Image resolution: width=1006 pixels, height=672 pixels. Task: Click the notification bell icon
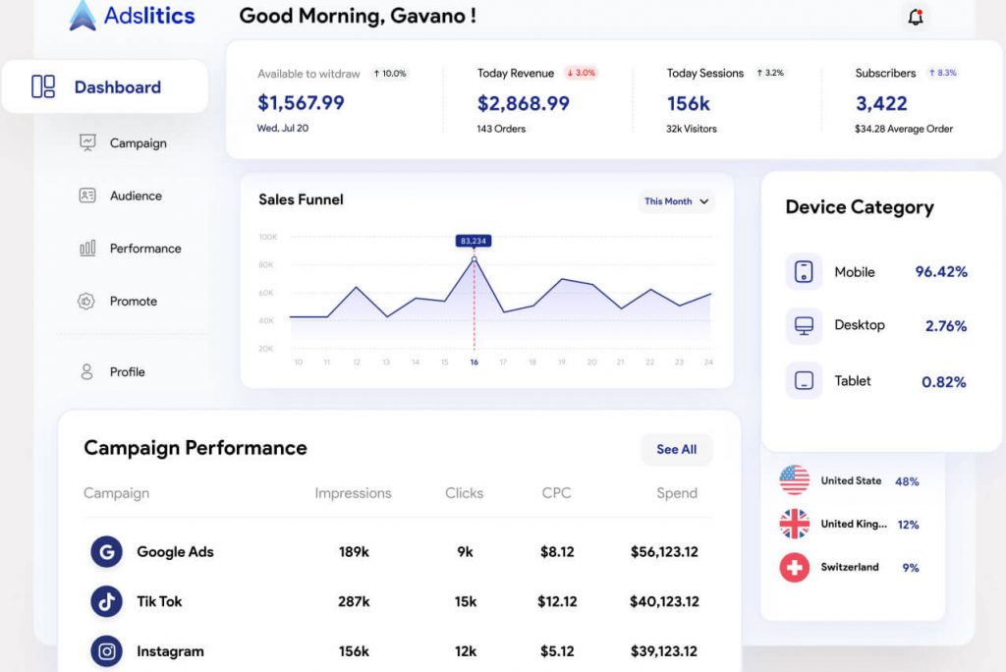point(916,17)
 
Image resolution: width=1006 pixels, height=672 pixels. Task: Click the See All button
point(676,449)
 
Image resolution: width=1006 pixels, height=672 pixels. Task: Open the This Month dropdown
point(676,201)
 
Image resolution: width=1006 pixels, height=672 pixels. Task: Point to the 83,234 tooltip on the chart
point(474,241)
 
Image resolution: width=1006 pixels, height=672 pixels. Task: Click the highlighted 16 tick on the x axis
point(474,363)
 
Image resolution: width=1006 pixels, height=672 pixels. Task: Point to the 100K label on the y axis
point(267,237)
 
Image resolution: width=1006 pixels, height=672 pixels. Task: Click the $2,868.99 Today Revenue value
point(523,103)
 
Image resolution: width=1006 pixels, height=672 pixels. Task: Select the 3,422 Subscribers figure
point(881,103)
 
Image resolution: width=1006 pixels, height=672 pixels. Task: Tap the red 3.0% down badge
point(582,74)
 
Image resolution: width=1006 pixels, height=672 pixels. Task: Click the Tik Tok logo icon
point(106,601)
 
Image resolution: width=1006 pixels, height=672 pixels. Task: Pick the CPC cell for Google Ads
point(557,552)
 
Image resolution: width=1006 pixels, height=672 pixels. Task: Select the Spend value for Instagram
point(664,651)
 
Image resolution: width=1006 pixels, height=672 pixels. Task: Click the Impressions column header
point(353,493)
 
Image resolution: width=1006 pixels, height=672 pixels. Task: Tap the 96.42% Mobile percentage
point(941,272)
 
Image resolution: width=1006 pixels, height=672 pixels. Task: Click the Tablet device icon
point(804,381)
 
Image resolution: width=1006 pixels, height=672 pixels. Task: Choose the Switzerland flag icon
point(794,567)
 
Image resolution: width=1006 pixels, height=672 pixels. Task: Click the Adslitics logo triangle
point(83,16)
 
